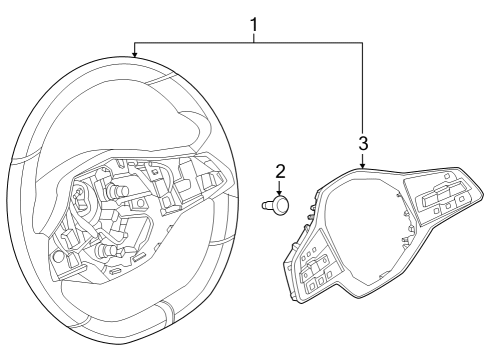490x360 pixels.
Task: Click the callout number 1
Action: tap(253, 21)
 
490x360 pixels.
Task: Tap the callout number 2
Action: tap(281, 171)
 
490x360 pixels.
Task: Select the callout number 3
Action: tap(363, 141)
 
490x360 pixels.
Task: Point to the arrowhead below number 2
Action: tap(281, 191)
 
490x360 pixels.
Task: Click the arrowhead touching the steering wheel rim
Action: tap(135, 52)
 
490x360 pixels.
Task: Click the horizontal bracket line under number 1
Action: tap(250, 43)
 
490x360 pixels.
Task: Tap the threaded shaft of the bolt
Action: tap(269, 205)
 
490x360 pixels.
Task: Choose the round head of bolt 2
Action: tap(281, 205)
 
